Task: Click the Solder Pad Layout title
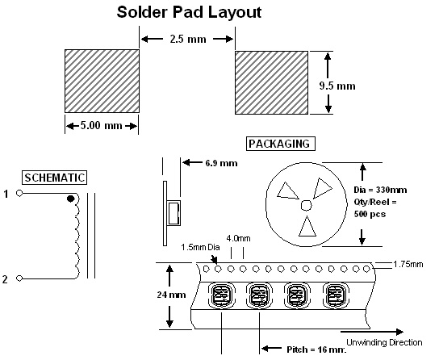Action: point(190,12)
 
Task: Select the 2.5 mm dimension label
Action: point(188,39)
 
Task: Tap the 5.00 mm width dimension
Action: point(102,125)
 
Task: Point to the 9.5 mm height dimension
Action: point(337,86)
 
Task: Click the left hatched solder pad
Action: point(102,82)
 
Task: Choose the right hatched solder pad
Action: point(272,82)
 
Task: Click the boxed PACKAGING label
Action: point(281,144)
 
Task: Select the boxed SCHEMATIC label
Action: point(55,178)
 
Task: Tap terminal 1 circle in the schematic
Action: point(19,193)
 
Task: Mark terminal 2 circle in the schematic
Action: point(19,278)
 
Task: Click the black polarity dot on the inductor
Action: point(71,199)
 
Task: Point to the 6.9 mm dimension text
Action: point(221,163)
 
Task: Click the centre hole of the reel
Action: point(307,205)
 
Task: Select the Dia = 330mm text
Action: point(380,190)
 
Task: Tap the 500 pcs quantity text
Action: point(370,214)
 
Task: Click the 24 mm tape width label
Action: point(171,295)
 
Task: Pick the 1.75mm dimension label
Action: point(408,264)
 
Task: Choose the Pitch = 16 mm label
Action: point(316,350)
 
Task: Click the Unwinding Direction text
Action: point(384,342)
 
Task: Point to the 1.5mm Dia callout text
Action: point(200,247)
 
